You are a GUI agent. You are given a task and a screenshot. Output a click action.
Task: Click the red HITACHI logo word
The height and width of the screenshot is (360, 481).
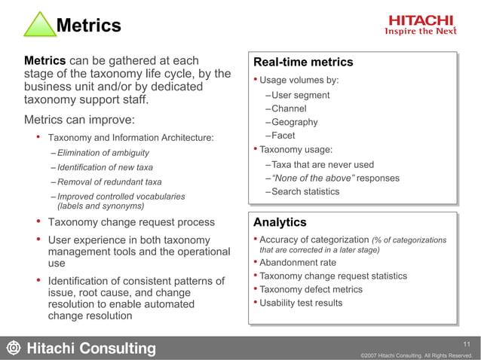click(421, 20)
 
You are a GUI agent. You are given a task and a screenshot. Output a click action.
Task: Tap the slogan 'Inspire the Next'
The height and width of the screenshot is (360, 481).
click(421, 32)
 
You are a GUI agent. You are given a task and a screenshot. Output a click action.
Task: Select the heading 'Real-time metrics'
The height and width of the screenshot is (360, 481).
click(303, 63)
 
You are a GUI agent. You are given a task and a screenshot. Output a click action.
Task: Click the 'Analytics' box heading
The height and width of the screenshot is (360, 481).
click(280, 222)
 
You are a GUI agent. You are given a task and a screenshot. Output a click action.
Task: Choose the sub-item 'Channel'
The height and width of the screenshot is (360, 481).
click(289, 108)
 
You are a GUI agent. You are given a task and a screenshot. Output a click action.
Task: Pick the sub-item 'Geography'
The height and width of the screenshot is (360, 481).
click(294, 122)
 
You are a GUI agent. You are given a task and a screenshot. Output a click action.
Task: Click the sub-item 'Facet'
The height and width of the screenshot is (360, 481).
click(283, 136)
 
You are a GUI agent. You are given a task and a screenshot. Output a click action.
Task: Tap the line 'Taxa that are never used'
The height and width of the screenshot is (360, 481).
click(322, 164)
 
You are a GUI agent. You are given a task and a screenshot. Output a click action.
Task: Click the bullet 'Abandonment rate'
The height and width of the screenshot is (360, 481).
click(298, 263)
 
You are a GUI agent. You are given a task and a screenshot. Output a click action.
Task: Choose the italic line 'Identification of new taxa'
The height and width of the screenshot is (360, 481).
click(105, 167)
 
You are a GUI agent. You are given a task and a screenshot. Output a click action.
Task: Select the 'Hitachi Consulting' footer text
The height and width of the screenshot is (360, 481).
click(92, 349)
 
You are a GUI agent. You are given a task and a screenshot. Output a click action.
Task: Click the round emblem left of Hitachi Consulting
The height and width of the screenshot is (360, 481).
click(13, 348)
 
